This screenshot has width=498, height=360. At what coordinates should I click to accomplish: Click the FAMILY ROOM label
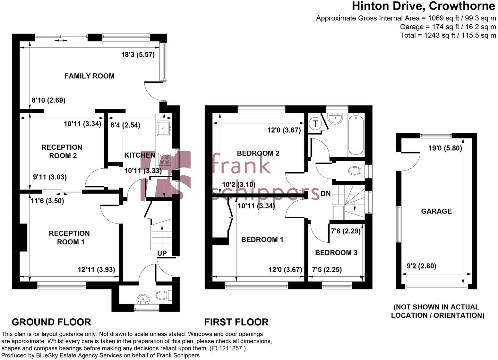pos(89,76)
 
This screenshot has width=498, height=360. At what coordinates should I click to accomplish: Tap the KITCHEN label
pos(140,155)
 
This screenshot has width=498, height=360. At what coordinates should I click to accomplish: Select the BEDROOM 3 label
pos(336,253)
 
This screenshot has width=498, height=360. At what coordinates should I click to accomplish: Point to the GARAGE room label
pos(436,211)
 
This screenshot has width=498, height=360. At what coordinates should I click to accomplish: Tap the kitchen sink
pos(164,129)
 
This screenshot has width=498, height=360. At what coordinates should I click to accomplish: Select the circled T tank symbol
pos(316,123)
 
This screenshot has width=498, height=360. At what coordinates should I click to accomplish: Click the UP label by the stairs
pos(162,253)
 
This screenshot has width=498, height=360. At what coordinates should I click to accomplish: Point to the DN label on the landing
pos(325,194)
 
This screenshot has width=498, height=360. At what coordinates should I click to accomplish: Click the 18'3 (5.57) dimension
pos(138,55)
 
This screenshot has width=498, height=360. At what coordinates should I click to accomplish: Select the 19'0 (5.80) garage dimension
pos(445,148)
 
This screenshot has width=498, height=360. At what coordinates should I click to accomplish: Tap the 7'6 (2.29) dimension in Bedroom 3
pos(346,231)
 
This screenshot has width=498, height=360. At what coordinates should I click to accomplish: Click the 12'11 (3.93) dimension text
pos(96,270)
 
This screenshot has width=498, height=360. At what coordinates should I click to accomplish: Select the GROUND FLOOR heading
pos(51,322)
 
